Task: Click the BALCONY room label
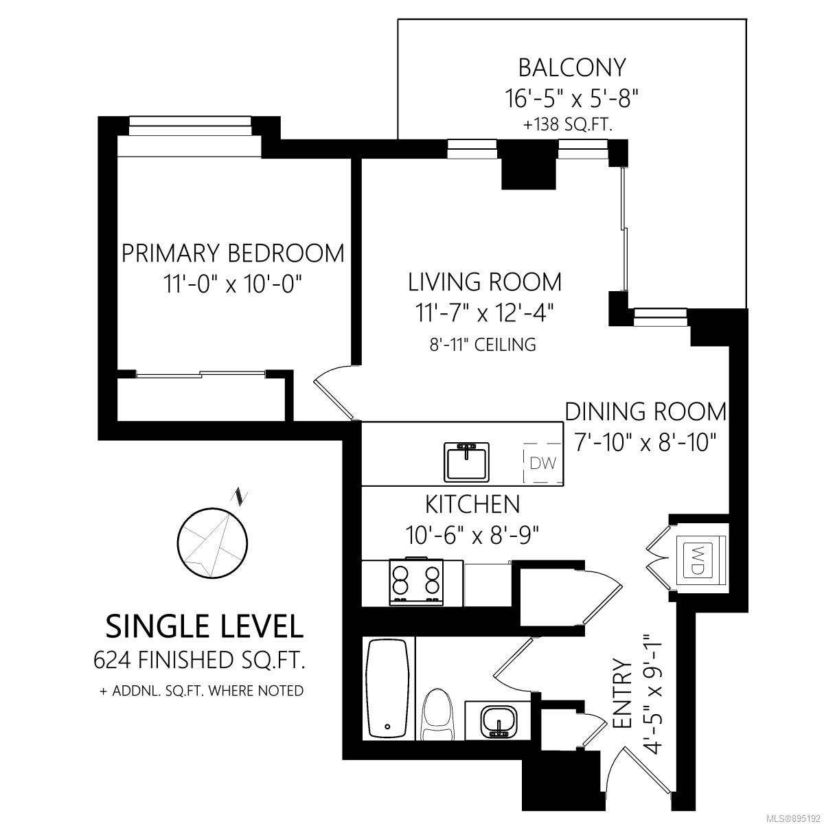coord(572,67)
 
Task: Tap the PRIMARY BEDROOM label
coord(233,253)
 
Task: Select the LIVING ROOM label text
coord(485,282)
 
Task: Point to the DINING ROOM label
coord(645,411)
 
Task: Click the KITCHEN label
coord(472,504)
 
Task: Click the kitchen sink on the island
coord(466,462)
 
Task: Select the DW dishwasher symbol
coord(542,463)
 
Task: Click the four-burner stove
coord(417,582)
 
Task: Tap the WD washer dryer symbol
coord(694,560)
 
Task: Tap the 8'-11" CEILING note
coord(483,344)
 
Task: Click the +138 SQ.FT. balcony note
coord(569,125)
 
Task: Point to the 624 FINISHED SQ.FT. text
coord(199,661)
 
